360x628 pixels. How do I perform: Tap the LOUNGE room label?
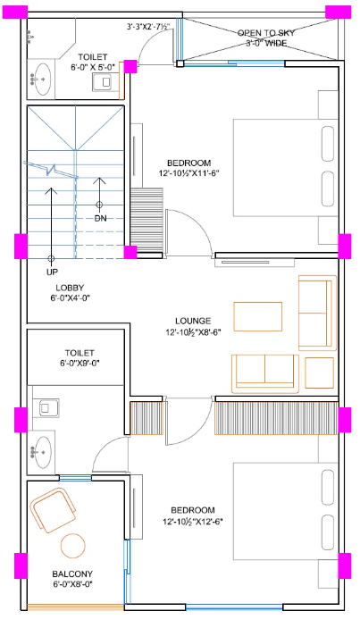coord(194,320)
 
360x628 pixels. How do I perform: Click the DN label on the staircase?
coord(101,218)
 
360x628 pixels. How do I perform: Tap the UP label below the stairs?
coord(52,271)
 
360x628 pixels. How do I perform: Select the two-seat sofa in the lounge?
coord(264,372)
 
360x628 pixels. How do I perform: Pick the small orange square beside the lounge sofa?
coord(319,371)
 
